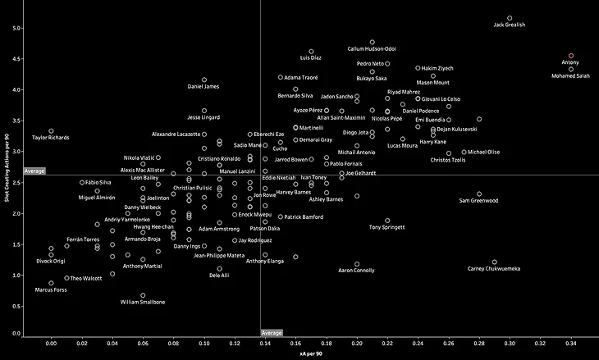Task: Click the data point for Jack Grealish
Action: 510,17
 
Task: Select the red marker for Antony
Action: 571,56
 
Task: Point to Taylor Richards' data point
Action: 51,131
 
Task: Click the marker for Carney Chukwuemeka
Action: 495,262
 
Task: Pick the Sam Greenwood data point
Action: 479,194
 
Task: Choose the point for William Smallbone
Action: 143,295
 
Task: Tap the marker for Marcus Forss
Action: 51,283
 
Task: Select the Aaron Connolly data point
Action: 357,264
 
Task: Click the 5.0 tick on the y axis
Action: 16,29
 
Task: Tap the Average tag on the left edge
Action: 34,171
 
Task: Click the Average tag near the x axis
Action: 272,332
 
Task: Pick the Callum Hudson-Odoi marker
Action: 372,42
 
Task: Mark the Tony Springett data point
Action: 387,221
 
